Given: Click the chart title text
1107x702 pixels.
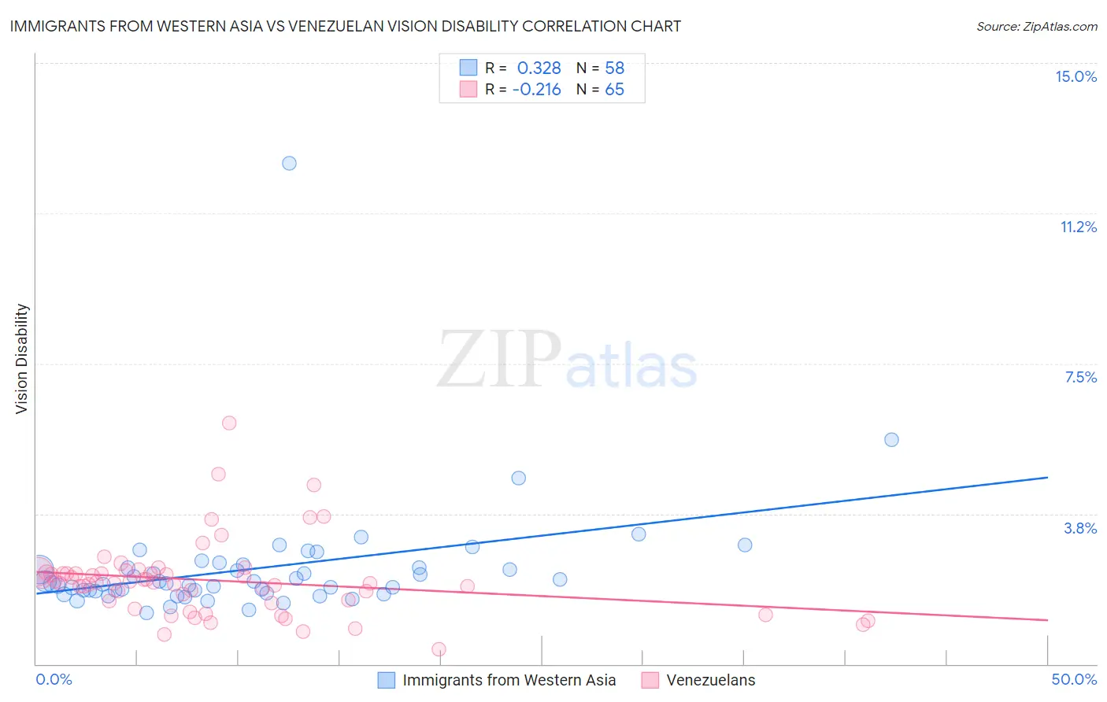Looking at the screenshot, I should pos(345,26).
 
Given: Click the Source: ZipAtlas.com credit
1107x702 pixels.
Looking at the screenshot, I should pos(1036,26).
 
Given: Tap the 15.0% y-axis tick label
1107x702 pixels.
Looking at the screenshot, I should pos(1076,76).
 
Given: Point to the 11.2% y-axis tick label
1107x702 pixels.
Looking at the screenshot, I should pos(1078,227).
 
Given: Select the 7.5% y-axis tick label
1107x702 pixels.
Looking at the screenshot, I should pos(1080,377).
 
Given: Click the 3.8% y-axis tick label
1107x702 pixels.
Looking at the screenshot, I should pos(1080,528).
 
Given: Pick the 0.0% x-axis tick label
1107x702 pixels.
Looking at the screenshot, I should pos(54,679).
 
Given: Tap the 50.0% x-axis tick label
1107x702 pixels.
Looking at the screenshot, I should pos(1074,679).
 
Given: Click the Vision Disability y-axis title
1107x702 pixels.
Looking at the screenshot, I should pos(22,358).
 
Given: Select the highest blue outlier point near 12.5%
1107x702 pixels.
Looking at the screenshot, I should pos(289,163).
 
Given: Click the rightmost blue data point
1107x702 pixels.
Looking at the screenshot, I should pos(891,439).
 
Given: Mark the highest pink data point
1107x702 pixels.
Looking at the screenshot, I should pos(229,423).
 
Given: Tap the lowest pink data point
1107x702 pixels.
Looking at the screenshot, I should pos(439,649).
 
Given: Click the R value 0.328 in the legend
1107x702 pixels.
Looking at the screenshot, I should pos(539,68).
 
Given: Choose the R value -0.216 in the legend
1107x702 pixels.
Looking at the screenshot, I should pos(536,90).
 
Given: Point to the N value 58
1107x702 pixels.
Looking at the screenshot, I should pos(614,68).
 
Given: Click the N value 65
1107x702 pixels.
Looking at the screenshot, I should pos(614,90).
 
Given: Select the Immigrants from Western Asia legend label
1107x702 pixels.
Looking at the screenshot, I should pos(509,680).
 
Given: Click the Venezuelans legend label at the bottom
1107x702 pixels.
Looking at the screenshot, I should pos(710,680).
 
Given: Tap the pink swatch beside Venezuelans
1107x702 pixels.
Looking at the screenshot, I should pos(650,680).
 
